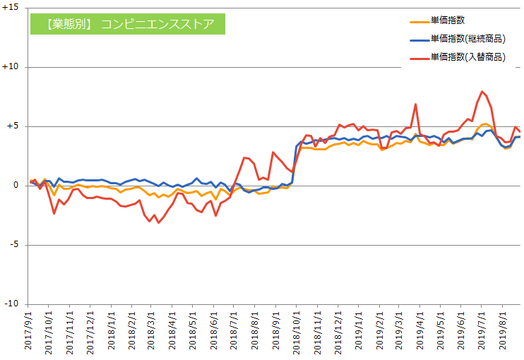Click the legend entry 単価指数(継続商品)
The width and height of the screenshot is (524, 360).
467,40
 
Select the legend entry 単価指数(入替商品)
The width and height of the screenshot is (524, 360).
467,57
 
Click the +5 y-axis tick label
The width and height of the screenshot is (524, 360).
13,126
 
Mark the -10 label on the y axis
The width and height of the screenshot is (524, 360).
12,304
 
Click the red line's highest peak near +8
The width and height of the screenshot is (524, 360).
482,91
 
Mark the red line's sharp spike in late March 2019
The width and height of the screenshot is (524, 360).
415,104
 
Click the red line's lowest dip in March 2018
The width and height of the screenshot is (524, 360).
158,222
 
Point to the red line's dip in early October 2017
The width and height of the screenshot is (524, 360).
54,213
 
